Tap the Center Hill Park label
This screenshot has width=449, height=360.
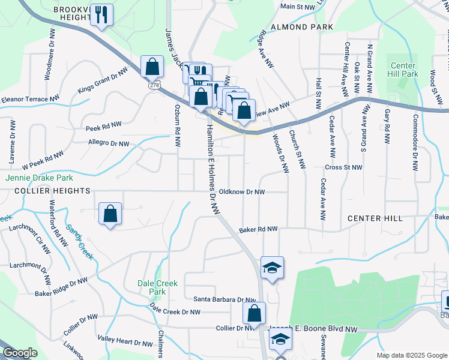[403, 69]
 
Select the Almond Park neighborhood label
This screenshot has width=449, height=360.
[302, 27]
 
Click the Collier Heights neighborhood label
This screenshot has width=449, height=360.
[46, 191]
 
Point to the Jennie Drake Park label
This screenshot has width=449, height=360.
[39, 178]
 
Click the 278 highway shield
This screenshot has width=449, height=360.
[147, 86]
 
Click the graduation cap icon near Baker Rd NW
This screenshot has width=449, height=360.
[272, 268]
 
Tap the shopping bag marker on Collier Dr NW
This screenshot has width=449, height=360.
[254, 313]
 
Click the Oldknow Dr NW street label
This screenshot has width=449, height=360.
[242, 192]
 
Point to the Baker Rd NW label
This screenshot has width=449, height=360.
[258, 229]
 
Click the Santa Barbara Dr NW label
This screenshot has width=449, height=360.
[224, 299]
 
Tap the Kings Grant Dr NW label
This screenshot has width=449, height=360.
[103, 81]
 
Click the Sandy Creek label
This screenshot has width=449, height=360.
[80, 242]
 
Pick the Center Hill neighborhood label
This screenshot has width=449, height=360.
[378, 218]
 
